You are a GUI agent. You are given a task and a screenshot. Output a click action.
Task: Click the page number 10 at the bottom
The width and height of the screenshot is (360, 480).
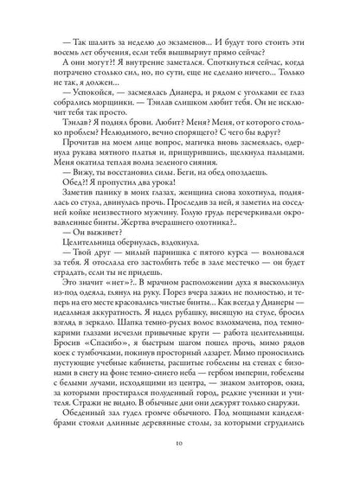[180, 456]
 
